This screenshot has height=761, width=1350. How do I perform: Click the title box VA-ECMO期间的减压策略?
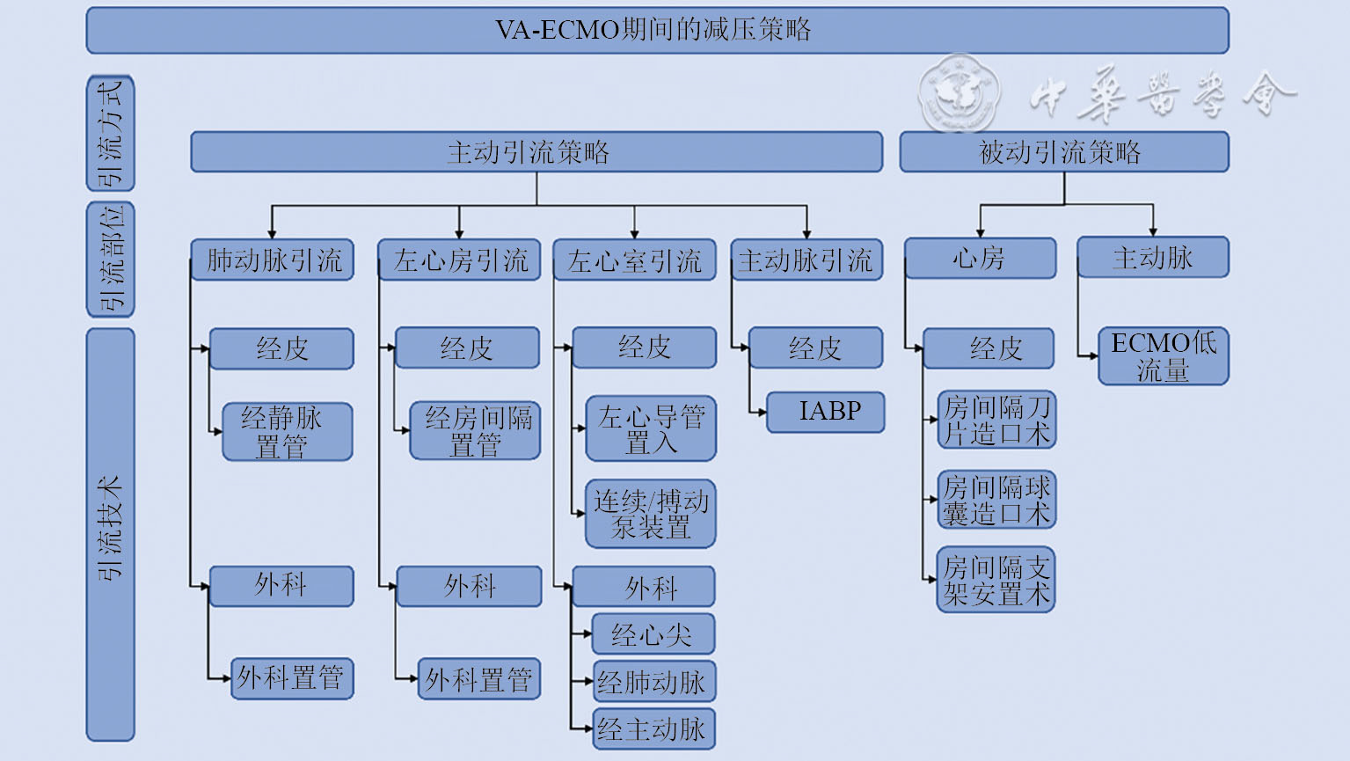(657, 31)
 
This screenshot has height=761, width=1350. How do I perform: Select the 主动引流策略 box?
(536, 152)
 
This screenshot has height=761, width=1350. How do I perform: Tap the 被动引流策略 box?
(1063, 152)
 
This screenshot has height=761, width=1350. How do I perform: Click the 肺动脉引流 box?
(273, 260)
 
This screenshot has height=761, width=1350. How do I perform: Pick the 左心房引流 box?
(459, 260)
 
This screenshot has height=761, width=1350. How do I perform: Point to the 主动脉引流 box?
(806, 260)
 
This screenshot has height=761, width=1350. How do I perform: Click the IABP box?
(827, 412)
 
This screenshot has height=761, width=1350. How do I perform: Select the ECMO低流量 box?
(1163, 356)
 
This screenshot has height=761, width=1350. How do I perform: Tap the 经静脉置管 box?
(288, 432)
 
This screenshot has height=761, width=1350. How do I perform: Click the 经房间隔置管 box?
(475, 431)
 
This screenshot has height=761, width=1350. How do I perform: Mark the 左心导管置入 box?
(651, 428)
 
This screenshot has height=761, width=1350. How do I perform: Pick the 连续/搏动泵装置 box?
(651, 514)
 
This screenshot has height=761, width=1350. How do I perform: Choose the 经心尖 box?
(652, 634)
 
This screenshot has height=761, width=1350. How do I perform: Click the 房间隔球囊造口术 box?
(996, 500)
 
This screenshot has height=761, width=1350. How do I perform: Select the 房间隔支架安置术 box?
(996, 581)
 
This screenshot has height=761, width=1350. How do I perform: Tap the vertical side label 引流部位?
(111, 260)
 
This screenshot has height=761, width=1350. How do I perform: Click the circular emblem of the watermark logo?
(959, 93)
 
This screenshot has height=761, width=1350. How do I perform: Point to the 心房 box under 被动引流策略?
(980, 259)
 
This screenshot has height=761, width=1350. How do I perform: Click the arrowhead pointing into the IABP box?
(762, 412)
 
